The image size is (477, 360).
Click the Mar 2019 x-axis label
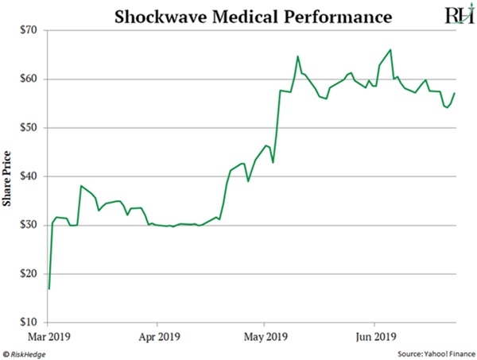tap(48, 335)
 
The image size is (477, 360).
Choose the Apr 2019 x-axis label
tap(157, 335)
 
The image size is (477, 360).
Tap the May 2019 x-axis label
tap(266, 335)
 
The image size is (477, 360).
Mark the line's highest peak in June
tap(390, 50)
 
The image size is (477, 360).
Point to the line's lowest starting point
tap(48, 288)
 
